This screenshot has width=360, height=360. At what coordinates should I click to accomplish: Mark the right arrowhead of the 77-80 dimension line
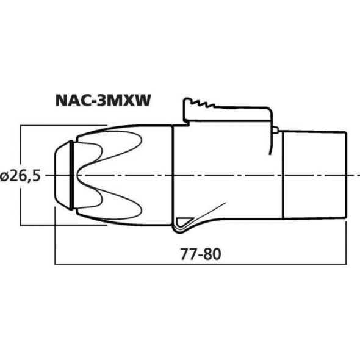click(x=344, y=264)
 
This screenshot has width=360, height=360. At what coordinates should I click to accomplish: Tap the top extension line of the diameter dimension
click(x=61, y=126)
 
